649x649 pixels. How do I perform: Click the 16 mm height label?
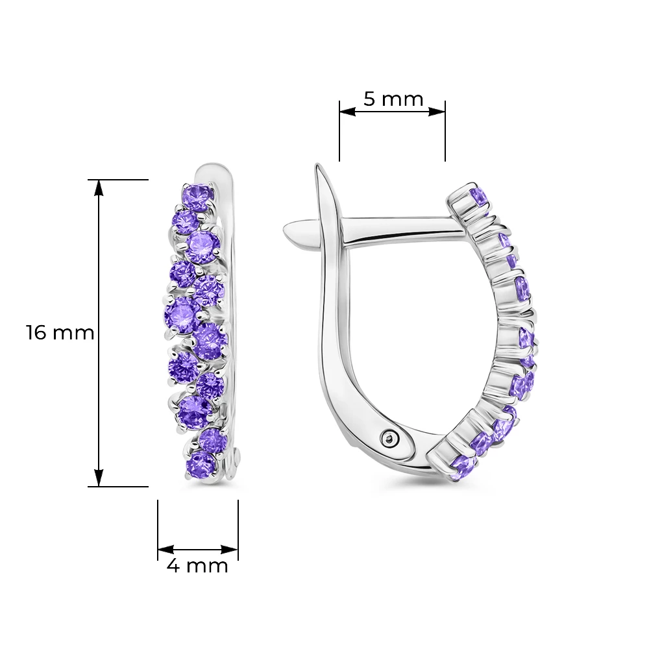pyautogui.click(x=60, y=333)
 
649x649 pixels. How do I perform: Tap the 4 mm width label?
pyautogui.click(x=197, y=565)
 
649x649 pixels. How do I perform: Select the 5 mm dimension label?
pyautogui.click(x=393, y=99)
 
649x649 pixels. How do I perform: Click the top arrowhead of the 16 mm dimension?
pyautogui.click(x=99, y=188)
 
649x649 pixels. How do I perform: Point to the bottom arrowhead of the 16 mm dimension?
pyautogui.click(x=99, y=478)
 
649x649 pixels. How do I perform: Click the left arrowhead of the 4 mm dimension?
pyautogui.click(x=165, y=550)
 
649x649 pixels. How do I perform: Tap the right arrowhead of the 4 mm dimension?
pyautogui.click(x=230, y=550)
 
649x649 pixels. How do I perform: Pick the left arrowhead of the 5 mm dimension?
pyautogui.click(x=348, y=112)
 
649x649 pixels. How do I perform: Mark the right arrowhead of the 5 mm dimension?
pyautogui.click(x=437, y=112)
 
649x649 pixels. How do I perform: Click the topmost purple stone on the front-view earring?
pyautogui.click(x=198, y=197)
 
